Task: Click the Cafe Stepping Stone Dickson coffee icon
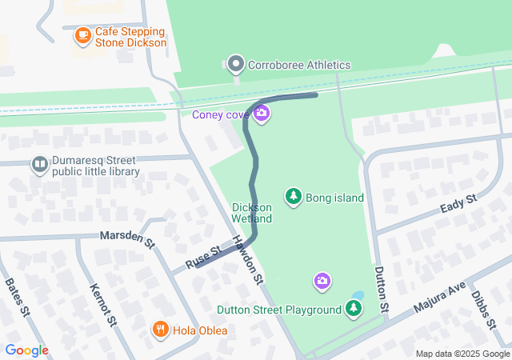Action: (x=82, y=35)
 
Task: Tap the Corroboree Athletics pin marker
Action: (x=235, y=64)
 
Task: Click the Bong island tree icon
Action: (x=294, y=196)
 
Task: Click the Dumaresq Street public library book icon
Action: (x=39, y=165)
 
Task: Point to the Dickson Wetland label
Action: (x=252, y=213)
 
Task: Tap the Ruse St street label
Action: (x=204, y=257)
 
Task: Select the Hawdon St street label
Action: (x=247, y=260)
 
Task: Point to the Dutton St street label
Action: (x=381, y=289)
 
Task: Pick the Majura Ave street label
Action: (x=438, y=298)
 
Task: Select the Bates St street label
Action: (x=17, y=296)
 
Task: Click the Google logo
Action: (x=26, y=350)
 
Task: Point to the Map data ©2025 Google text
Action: (x=462, y=354)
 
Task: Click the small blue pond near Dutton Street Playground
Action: (x=357, y=295)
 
